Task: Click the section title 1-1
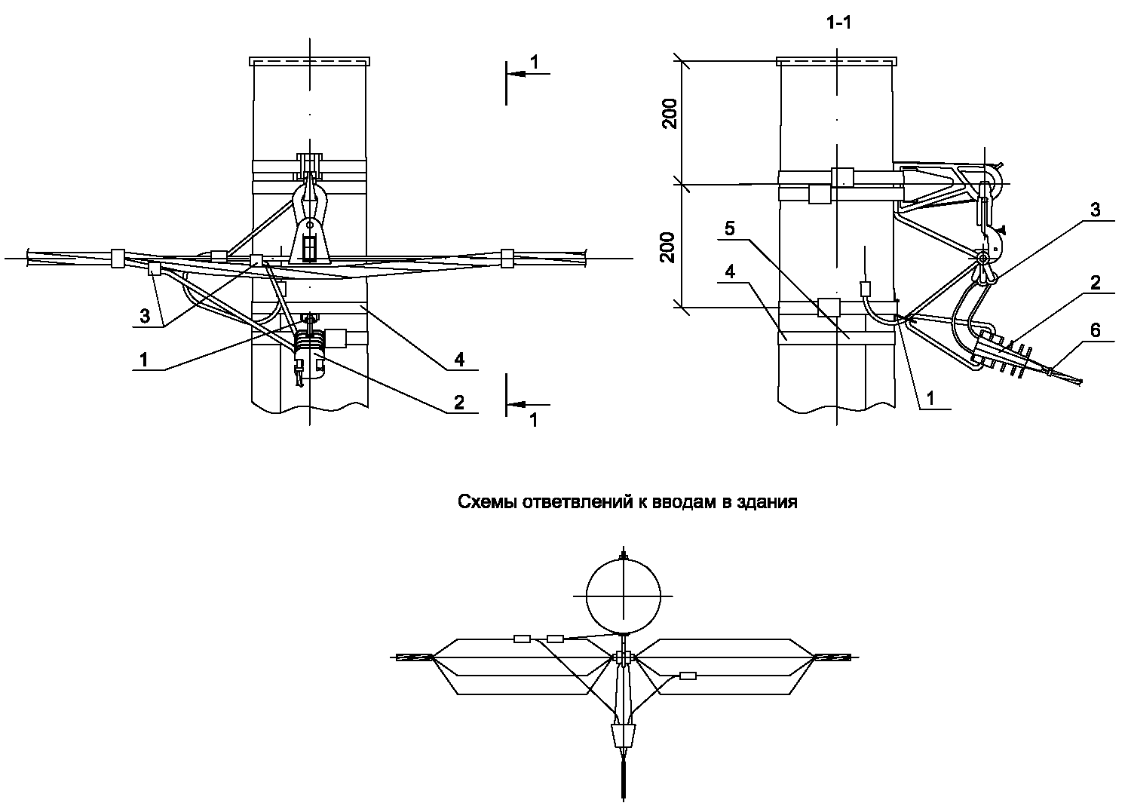pyautogui.click(x=838, y=23)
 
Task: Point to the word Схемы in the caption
pyautogui.click(x=483, y=502)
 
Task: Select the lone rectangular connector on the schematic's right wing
pyautogui.click(x=688, y=676)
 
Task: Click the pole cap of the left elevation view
pyautogui.click(x=309, y=60)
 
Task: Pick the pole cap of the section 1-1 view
pyautogui.click(x=836, y=60)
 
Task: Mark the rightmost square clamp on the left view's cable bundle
pyautogui.click(x=507, y=258)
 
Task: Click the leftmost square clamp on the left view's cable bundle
pyautogui.click(x=118, y=258)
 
